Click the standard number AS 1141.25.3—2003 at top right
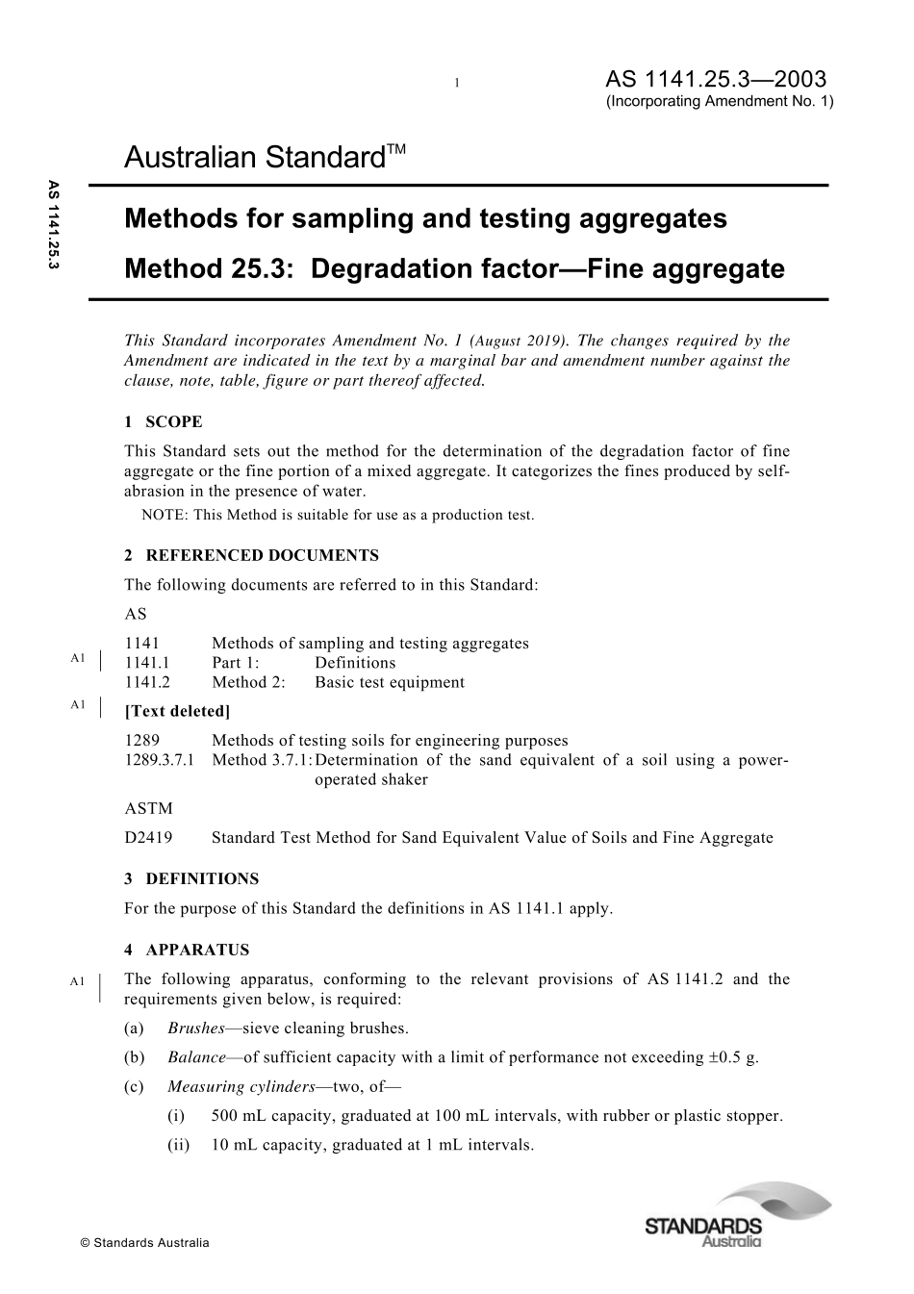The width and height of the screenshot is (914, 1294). coord(716,79)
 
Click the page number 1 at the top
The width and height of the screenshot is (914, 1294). coord(457,84)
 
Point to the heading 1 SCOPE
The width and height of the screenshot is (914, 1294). coord(164,421)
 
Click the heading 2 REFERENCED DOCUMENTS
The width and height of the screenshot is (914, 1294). coord(251,555)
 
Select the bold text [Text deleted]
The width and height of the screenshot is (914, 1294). coord(177,711)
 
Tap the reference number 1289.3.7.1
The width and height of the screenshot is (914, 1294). coord(160,760)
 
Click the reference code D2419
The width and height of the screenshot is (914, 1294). coord(148,837)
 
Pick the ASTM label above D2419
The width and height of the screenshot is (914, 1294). coord(148,808)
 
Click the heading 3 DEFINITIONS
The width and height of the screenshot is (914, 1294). coord(191,878)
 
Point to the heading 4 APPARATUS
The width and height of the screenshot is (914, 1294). coord(187,950)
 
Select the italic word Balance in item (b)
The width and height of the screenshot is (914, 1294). coord(197,1056)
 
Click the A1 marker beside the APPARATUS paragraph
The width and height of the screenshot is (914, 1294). coord(78,980)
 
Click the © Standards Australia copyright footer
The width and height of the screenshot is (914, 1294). coord(144,1243)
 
